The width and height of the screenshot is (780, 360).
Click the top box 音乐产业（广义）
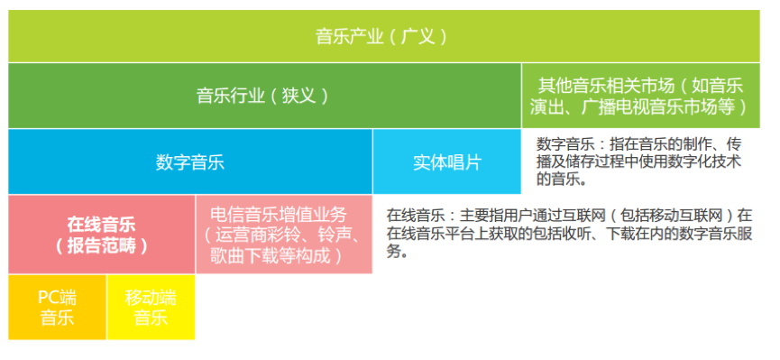click(382, 37)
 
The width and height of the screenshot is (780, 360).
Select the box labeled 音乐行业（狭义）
click(262, 96)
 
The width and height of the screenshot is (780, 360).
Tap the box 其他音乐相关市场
click(640, 96)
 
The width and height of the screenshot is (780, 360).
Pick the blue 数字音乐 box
click(189, 162)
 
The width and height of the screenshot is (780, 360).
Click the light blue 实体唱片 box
click(447, 162)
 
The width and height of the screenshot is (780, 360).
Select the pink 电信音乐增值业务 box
click(283, 234)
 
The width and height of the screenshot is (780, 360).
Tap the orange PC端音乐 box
click(57, 307)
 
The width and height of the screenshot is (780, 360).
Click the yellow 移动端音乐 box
click(151, 307)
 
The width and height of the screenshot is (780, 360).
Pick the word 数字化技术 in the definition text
click(702, 162)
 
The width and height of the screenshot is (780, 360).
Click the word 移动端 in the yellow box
click(151, 297)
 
